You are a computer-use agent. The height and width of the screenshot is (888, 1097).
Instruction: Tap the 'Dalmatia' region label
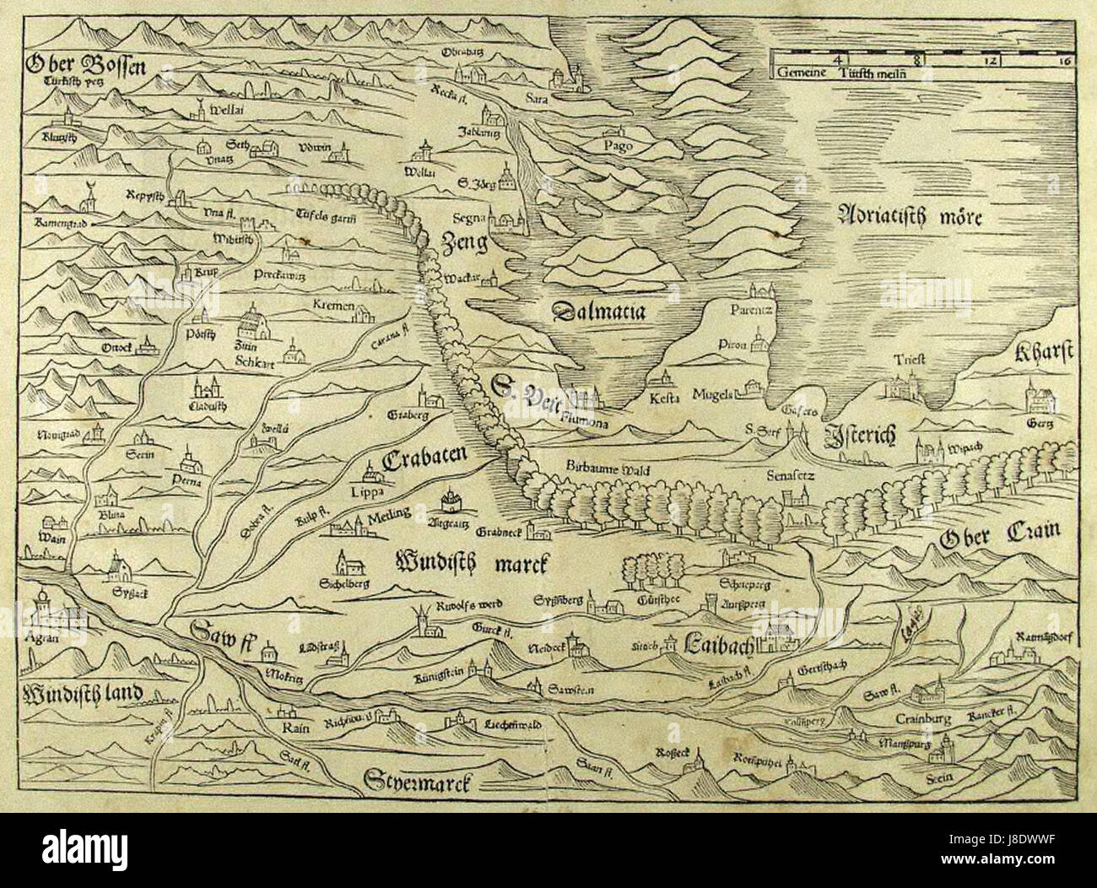(x=598, y=311)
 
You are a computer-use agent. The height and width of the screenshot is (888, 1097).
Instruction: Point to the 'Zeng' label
(x=464, y=244)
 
